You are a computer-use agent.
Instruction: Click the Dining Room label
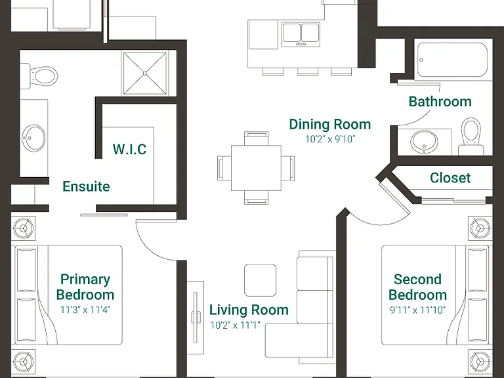tap(330, 125)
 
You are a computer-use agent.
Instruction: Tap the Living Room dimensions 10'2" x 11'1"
tap(235, 325)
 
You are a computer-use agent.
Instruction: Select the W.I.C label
tap(129, 149)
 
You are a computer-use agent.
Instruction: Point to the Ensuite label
tap(86, 186)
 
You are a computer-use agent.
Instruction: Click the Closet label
tap(450, 178)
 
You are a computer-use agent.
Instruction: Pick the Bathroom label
tap(440, 102)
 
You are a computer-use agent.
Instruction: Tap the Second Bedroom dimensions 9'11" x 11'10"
tap(418, 310)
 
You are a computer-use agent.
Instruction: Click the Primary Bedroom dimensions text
tap(85, 310)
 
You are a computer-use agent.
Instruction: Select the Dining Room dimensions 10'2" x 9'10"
tap(330, 139)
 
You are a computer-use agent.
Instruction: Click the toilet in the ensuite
tap(39, 77)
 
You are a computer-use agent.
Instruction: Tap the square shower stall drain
tap(145, 73)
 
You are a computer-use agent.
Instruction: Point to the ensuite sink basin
tap(33, 138)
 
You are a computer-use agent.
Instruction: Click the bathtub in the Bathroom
tap(453, 60)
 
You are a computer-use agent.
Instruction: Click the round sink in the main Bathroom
tap(425, 142)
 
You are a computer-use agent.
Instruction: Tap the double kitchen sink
tap(301, 34)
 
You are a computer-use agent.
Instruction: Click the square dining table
tap(256, 168)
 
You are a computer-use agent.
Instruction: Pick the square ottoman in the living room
tap(261, 280)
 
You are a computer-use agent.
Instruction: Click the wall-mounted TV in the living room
tap(195, 318)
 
